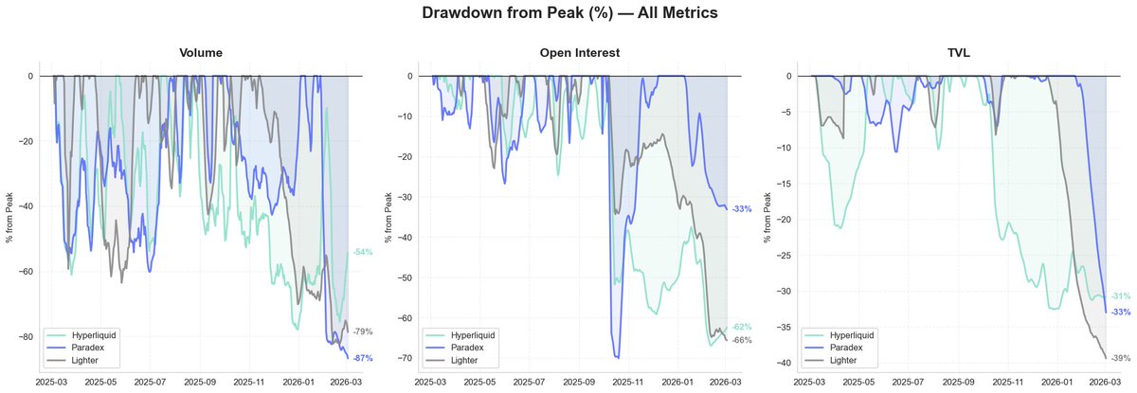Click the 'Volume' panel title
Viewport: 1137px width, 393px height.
[x=202, y=53]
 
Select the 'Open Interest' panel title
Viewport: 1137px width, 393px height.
[x=578, y=53]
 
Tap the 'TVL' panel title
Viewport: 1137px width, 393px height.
[x=961, y=53]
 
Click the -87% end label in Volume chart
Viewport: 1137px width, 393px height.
[x=362, y=358]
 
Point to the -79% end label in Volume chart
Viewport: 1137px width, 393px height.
[x=362, y=332]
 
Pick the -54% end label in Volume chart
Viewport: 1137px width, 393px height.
[x=362, y=253]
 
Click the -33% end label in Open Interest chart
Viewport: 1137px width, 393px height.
[x=741, y=209]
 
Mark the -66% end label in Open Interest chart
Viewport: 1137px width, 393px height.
[x=741, y=340]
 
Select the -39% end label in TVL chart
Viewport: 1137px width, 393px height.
[x=1120, y=358]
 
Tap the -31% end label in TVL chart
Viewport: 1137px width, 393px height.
[x=1120, y=296]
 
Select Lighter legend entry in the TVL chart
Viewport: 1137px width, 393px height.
[x=844, y=361]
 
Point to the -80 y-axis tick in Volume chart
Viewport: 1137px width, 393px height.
[x=27, y=337]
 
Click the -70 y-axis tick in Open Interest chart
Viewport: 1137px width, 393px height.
[x=405, y=358]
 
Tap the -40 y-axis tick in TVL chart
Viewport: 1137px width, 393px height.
[x=784, y=363]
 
